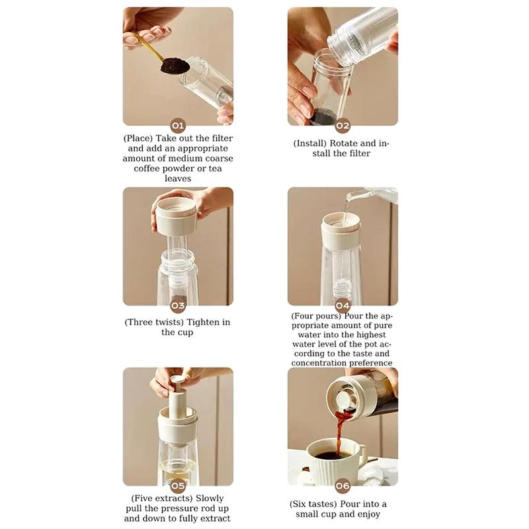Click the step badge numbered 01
coord(178,126)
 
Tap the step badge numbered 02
coord(343,126)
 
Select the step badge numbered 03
coord(178,305)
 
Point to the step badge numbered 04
coord(343,305)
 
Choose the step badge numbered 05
coord(178,486)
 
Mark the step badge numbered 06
coord(343,486)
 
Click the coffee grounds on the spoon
coord(175,65)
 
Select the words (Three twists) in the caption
coord(154,322)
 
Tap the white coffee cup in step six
coord(335,456)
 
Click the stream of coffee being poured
coord(341,430)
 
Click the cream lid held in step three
coord(175,214)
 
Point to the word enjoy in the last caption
coord(367,514)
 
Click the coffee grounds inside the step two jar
coord(323,118)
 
